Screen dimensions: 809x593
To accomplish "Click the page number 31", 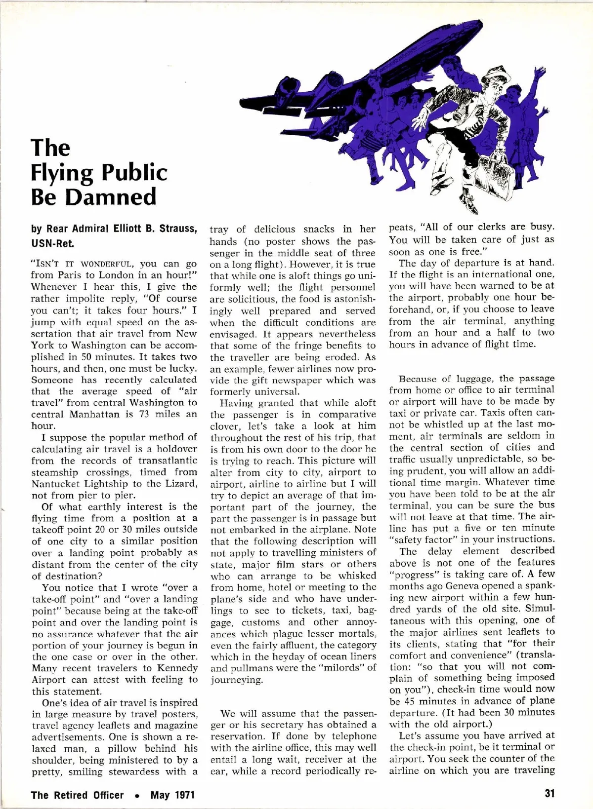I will [x=550, y=793].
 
